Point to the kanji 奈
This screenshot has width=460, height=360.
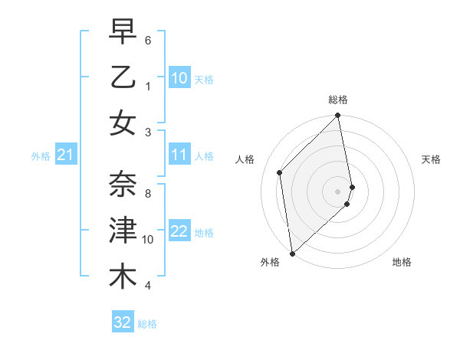[123, 185]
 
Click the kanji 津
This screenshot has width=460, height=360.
[123, 231]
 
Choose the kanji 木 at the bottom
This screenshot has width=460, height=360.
[123, 277]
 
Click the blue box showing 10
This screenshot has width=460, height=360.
[179, 78]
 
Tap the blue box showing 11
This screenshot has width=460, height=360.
[179, 155]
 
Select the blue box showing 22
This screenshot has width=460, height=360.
[179, 232]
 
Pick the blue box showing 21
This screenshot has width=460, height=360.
[66, 156]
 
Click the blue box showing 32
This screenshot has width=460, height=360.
[123, 322]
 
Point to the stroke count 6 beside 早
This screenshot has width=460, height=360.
[148, 39]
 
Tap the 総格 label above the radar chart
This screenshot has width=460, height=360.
[338, 100]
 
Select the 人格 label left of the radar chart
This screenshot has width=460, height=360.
[245, 159]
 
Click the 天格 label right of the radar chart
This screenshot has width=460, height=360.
[432, 159]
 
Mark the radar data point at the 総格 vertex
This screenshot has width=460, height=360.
[338, 116]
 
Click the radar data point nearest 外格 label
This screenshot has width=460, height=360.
[292, 253]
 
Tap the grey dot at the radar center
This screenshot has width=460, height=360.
[338, 191]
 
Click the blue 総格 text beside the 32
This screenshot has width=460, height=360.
[148, 324]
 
